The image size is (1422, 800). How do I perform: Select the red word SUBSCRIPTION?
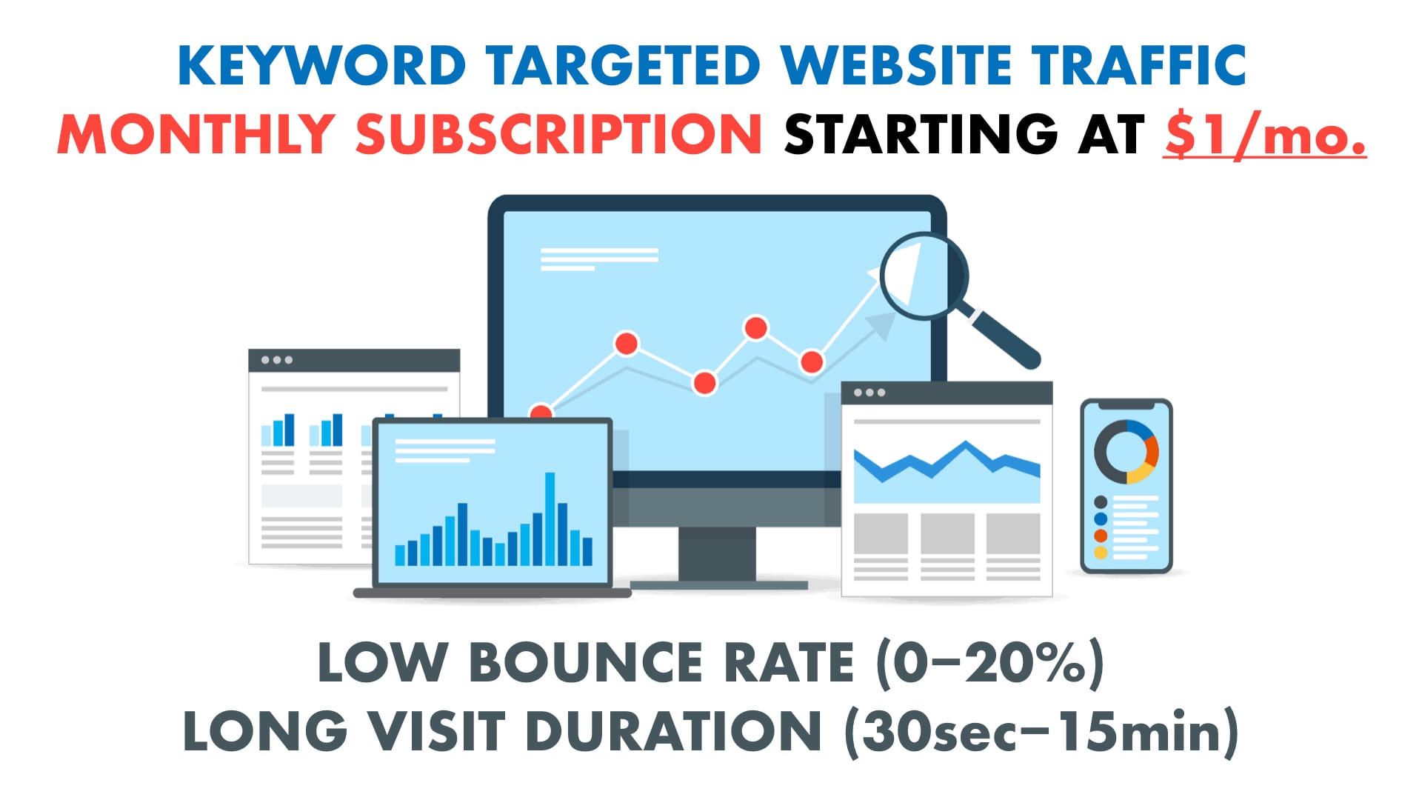click(558, 134)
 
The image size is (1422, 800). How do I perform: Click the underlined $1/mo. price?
click(1264, 134)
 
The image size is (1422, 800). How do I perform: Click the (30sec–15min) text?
click(1041, 731)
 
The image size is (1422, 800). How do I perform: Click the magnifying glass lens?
click(923, 275)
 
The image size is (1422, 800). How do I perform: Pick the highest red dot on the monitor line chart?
click(755, 327)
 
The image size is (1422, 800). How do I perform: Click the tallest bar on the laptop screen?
click(550, 519)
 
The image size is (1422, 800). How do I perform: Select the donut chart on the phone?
click(1126, 452)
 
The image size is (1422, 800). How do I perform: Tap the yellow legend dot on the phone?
click(1101, 553)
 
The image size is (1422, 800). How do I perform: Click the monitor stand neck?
click(717, 553)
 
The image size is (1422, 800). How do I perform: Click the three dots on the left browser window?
click(277, 360)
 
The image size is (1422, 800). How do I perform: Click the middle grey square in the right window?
click(947, 533)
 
